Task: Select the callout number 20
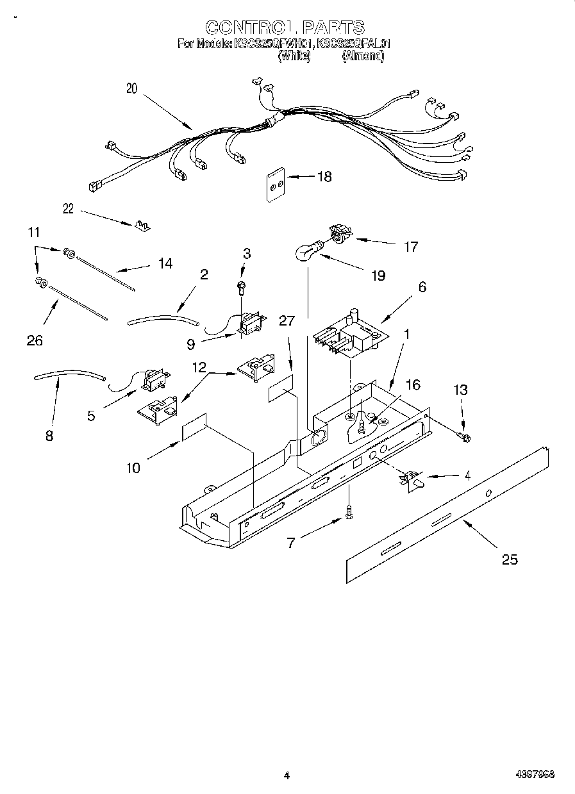(131, 89)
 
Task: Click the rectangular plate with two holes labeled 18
(276, 185)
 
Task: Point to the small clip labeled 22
(142, 225)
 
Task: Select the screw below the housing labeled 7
(349, 511)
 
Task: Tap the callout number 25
(509, 559)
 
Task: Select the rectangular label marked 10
(194, 427)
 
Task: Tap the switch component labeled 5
(152, 382)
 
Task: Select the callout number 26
(35, 340)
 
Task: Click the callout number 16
(413, 385)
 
